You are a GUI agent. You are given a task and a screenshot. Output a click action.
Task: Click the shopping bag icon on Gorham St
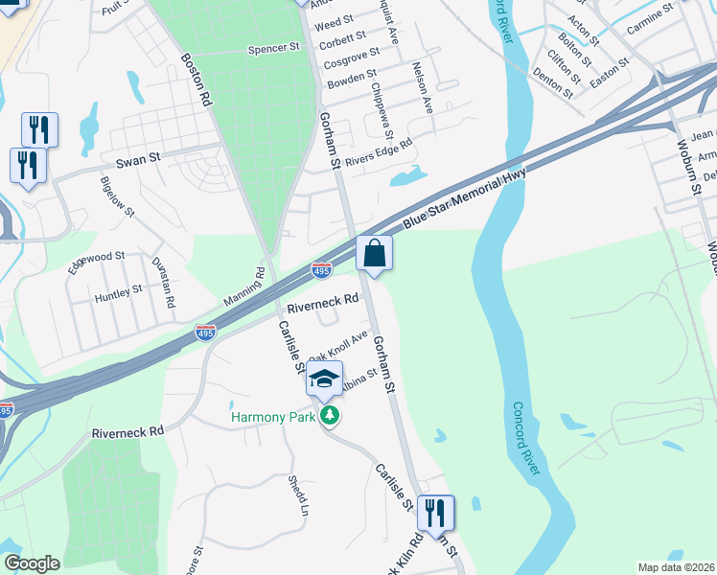[375, 254]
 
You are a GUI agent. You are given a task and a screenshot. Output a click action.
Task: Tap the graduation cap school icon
[325, 379]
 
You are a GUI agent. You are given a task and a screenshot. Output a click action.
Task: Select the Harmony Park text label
[271, 416]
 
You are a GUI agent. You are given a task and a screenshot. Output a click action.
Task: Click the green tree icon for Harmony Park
[331, 415]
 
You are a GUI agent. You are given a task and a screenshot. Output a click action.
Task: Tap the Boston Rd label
[197, 79]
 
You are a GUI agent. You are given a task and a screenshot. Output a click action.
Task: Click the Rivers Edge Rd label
[379, 150]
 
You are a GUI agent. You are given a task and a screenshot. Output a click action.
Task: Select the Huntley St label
[118, 293]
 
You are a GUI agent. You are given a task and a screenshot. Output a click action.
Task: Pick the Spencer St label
[267, 48]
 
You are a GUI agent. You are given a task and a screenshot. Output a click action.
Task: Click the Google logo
[32, 563]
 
